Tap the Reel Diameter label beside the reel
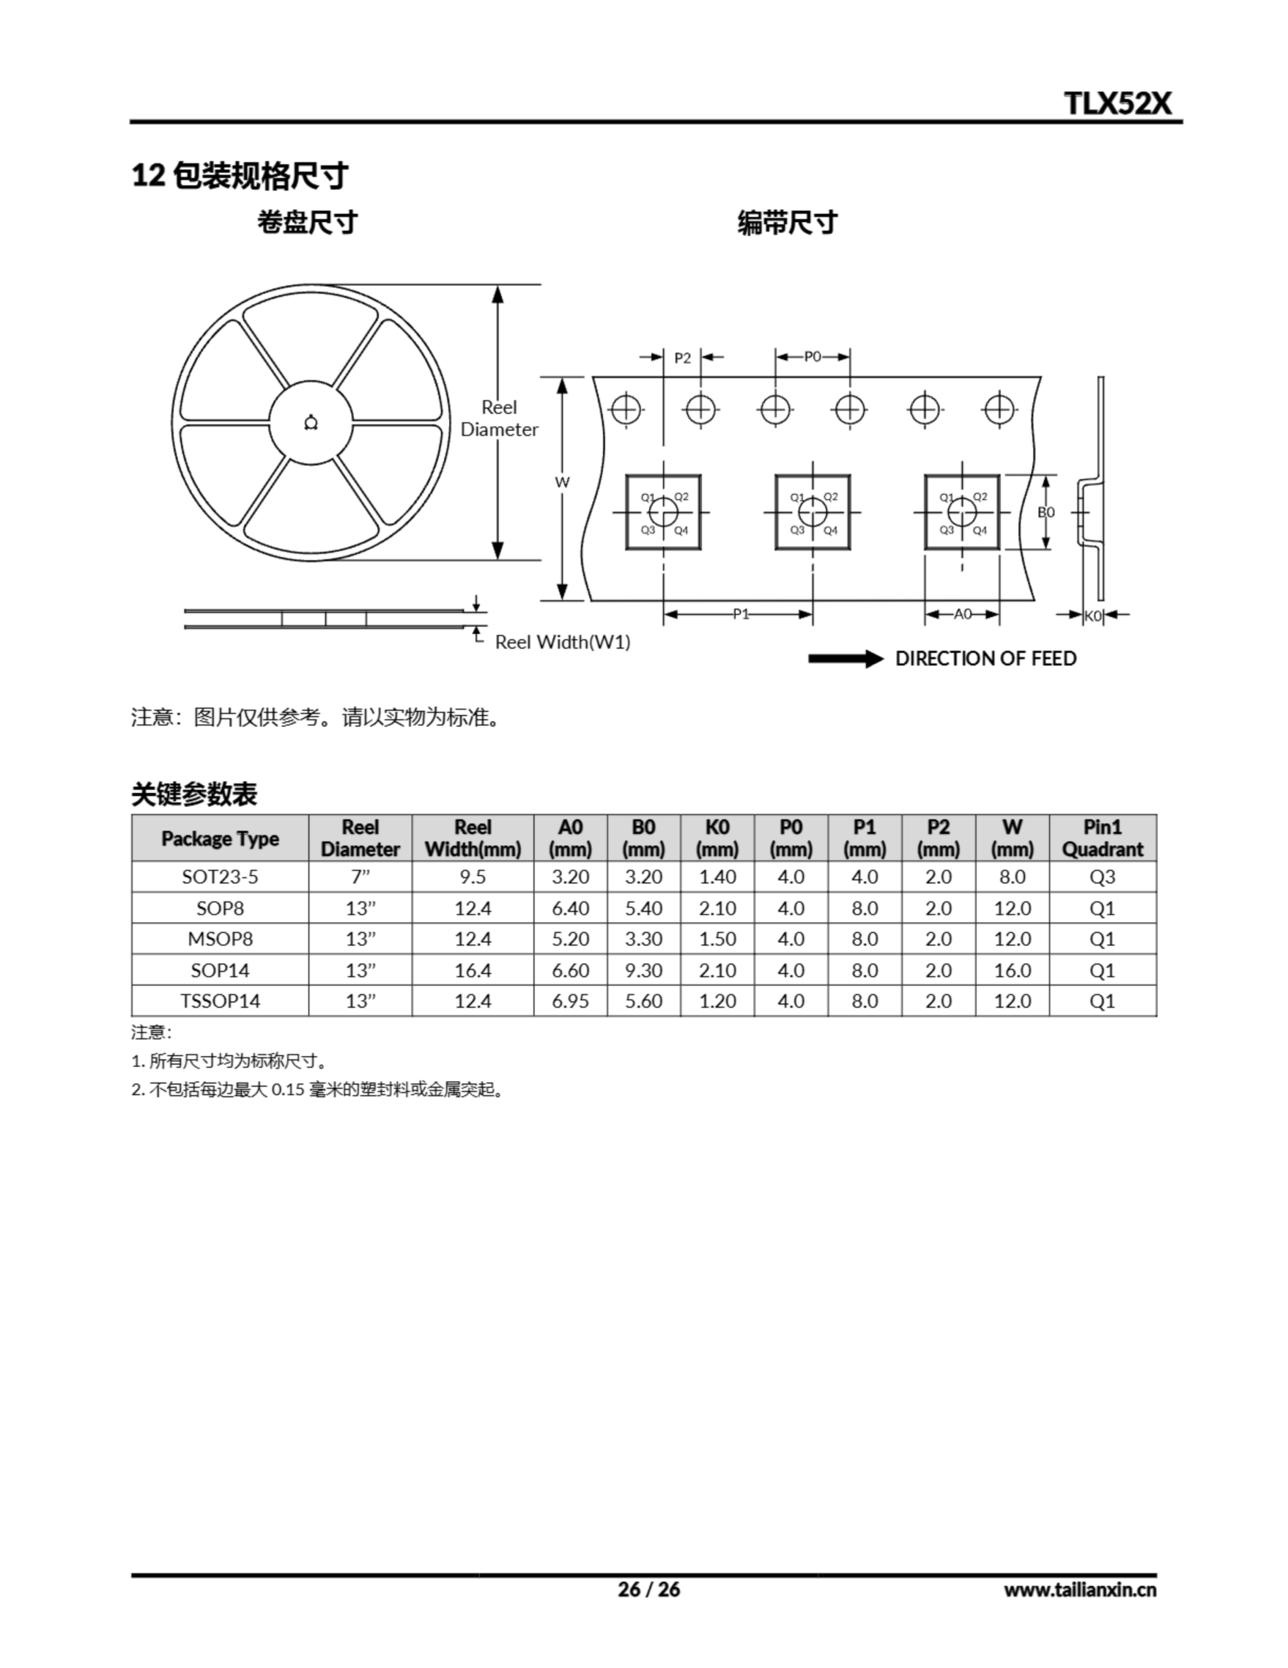499,418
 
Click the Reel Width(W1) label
563,642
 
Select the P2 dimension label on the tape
682,358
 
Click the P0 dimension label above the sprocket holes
813,356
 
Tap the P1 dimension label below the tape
740,614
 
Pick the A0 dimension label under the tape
963,614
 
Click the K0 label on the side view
1093,616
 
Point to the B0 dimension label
1046,511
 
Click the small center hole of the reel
311,422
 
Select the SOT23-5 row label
220,877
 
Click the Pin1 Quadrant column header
1102,838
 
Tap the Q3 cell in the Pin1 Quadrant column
1102,877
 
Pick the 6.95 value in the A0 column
570,1001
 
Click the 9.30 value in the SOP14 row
643,970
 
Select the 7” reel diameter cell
360,877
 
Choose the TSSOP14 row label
220,1001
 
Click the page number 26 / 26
649,1589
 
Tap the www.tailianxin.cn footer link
1080,1590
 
